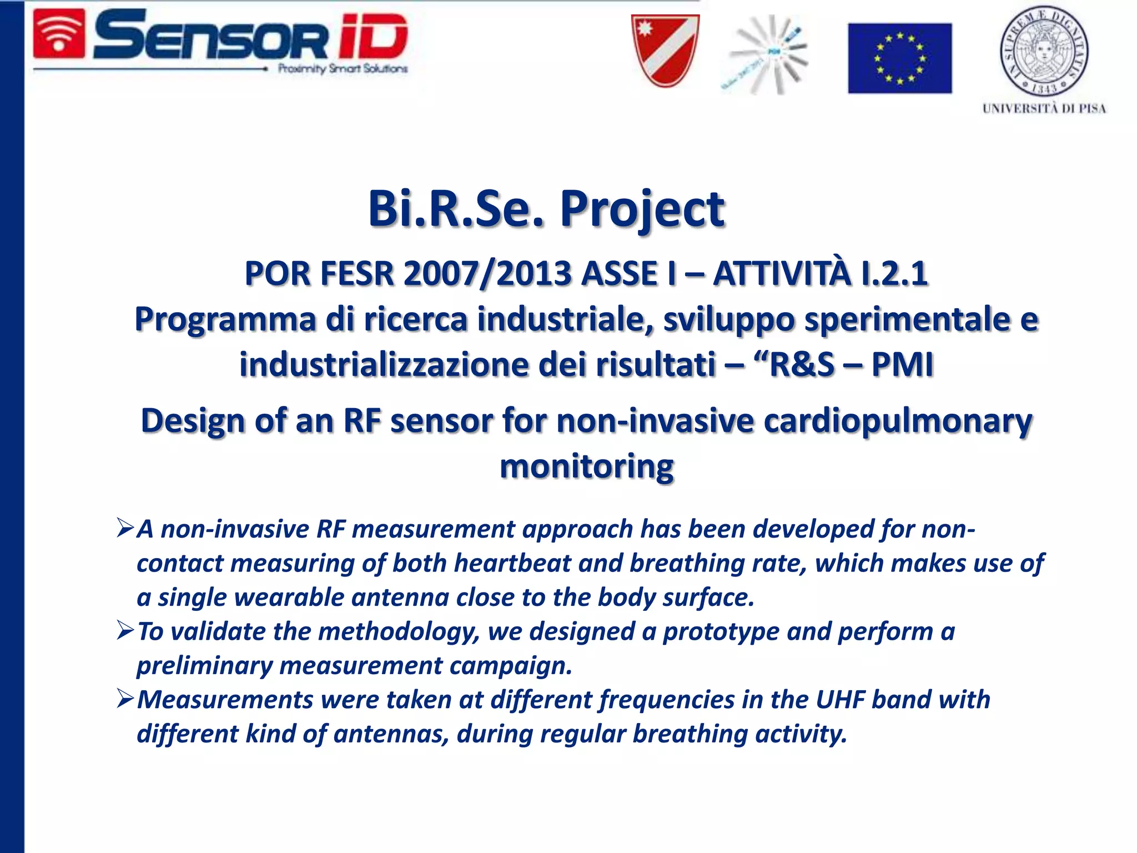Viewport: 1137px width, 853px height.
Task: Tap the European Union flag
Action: [x=899, y=58]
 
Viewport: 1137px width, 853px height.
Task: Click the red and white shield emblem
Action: [x=665, y=51]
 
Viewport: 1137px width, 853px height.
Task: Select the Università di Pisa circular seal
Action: [x=1044, y=51]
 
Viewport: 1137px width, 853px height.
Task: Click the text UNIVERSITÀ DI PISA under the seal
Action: [x=1044, y=108]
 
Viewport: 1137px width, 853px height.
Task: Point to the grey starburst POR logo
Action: [x=769, y=54]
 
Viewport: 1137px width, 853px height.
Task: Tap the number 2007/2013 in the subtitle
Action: [x=487, y=274]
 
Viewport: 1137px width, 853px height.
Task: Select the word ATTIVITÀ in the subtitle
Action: [x=782, y=274]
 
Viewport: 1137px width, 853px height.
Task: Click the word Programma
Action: [x=225, y=320]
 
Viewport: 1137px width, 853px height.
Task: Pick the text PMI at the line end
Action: [x=902, y=365]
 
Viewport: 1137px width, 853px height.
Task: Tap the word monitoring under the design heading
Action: [x=586, y=466]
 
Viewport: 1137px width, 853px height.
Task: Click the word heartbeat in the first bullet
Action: [x=512, y=563]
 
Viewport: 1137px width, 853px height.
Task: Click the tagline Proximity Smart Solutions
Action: [x=343, y=69]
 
